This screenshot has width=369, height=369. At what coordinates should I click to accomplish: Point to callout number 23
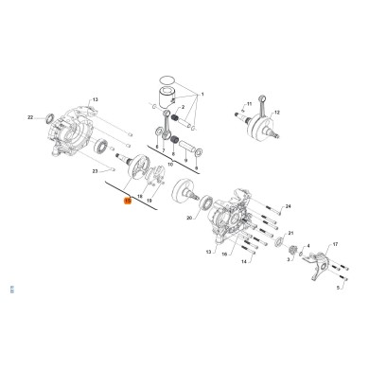point(96,171)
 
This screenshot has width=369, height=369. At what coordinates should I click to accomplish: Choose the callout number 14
point(244,260)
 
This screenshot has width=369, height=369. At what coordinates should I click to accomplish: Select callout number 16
point(223,254)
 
